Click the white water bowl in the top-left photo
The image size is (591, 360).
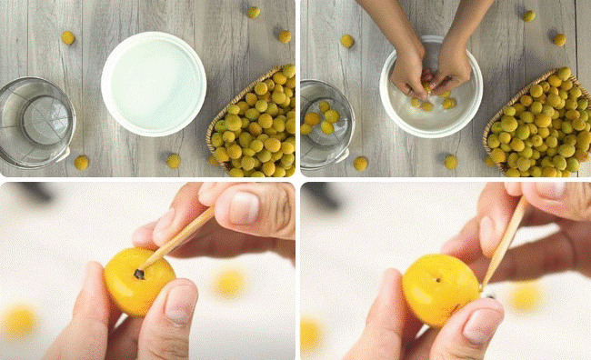tap(153, 84)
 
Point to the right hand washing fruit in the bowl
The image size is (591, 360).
tap(455, 65)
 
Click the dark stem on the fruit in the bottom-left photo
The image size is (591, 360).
tap(139, 273)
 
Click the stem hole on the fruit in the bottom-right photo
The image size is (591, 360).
tap(440, 279)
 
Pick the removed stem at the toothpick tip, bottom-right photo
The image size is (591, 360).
tap(488, 294)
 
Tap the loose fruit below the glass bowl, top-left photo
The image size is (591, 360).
tap(81, 162)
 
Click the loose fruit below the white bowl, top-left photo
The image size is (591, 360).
tap(173, 161)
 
